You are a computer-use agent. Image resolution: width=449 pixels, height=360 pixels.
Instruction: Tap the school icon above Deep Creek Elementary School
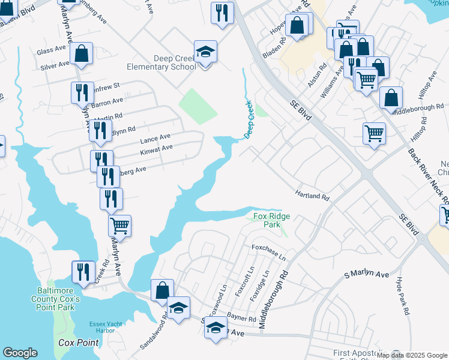pos(205,52)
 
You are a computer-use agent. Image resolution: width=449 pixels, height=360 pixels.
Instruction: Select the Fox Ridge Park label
pos(267,220)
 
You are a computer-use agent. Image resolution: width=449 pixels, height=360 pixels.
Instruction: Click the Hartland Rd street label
pos(312,196)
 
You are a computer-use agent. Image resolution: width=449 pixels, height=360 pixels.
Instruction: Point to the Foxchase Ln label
pos(269,251)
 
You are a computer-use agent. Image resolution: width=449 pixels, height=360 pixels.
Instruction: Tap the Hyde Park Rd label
pos(402,296)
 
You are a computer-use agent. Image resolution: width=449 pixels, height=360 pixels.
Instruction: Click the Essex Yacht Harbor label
pos(106,327)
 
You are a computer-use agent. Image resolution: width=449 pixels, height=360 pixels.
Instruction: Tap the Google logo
pos(20,353)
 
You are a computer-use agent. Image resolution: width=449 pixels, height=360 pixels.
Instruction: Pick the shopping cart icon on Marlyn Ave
pos(120,226)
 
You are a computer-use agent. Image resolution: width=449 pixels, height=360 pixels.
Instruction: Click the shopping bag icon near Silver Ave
pos(81,53)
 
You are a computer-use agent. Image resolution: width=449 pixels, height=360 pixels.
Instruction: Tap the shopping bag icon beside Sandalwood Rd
pos(162,290)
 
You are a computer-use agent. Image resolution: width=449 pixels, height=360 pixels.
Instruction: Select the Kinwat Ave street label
pos(156,148)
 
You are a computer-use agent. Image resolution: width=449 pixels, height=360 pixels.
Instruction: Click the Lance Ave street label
pos(155,138)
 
